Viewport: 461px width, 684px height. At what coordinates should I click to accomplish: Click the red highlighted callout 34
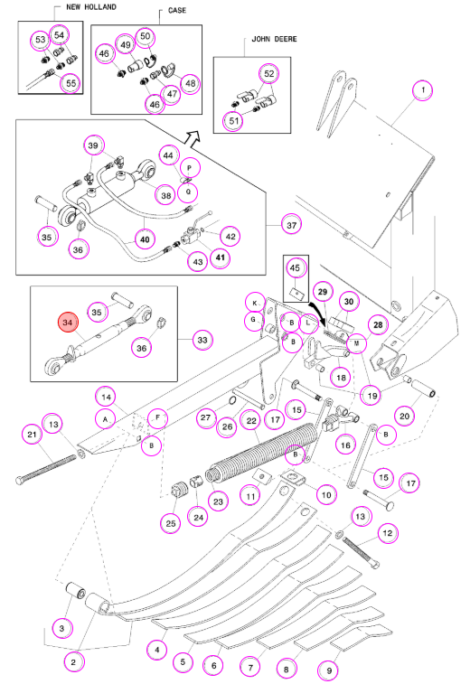[67, 323]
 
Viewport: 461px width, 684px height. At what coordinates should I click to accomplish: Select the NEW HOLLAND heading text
[91, 7]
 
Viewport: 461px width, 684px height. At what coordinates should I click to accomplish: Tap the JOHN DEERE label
[274, 39]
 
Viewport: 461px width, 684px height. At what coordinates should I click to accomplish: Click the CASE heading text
[177, 10]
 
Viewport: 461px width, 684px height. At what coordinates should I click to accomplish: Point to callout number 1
[423, 90]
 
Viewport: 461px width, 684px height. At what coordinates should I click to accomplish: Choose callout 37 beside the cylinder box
[291, 225]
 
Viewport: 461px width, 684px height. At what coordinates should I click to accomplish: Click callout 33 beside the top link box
[202, 340]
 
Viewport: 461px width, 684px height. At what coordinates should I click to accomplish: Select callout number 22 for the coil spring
[251, 421]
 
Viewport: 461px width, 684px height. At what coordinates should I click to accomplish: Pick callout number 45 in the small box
[295, 267]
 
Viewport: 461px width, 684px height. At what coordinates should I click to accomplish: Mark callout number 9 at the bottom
[330, 671]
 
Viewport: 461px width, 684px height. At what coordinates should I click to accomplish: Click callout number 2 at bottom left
[73, 662]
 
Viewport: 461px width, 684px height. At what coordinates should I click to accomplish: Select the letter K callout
[255, 303]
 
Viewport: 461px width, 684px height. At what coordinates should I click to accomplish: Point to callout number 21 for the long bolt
[32, 434]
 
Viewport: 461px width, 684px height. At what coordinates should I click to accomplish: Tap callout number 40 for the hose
[145, 239]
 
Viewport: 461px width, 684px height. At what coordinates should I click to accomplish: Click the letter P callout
[189, 168]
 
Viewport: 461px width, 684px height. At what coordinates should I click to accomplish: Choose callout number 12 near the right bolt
[387, 532]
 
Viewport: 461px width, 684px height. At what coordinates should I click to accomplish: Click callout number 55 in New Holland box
[71, 83]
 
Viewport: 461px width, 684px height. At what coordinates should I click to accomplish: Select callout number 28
[378, 324]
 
